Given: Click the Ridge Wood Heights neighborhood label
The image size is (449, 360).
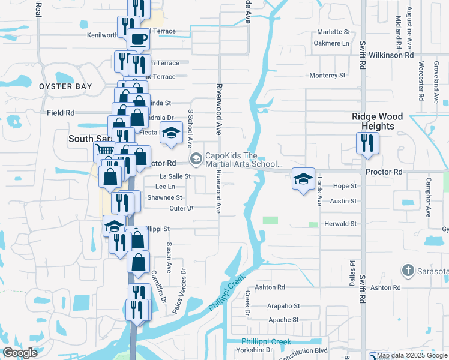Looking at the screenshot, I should [378, 122].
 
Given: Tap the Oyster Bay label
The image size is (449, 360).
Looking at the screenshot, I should [66, 86].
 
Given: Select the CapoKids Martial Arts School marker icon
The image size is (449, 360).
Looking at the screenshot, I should [196, 159].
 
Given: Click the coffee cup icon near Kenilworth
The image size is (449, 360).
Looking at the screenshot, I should [137, 40].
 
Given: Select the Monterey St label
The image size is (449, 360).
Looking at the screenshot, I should [327, 76].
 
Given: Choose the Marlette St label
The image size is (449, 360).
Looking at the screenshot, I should [334, 32].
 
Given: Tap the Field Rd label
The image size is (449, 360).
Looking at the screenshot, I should [61, 112].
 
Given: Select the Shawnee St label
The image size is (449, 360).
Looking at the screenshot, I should [164, 197].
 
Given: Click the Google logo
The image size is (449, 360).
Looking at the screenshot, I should [20, 353].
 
